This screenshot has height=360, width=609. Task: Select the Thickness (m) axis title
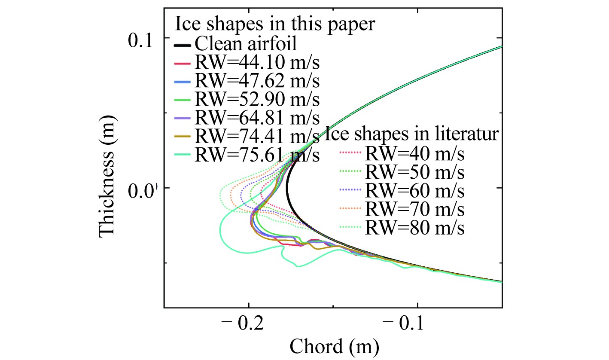[x=108, y=177]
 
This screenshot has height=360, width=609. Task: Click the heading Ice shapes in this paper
[x=275, y=24]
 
